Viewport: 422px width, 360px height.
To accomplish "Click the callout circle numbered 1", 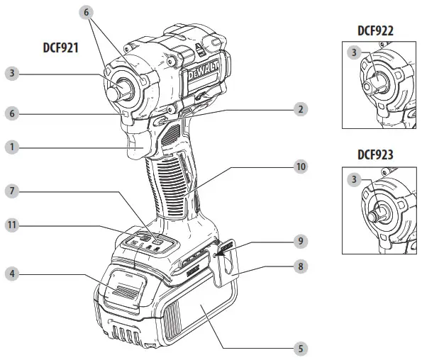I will [x=11, y=147].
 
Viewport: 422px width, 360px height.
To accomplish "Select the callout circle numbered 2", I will [x=301, y=109].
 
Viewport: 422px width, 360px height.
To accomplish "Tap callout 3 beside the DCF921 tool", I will [x=11, y=72].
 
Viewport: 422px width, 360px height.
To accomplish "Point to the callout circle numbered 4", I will [x=11, y=273].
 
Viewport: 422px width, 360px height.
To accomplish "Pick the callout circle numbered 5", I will [x=301, y=349].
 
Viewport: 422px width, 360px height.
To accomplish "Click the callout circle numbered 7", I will [x=11, y=191].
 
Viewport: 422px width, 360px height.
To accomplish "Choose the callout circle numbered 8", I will [x=301, y=267].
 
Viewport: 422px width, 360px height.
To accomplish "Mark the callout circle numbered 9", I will [x=301, y=241].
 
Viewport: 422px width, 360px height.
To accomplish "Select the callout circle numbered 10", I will [x=301, y=167].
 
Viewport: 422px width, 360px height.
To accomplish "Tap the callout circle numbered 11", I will [x=11, y=225].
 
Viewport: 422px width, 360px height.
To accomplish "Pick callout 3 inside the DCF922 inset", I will [x=353, y=52].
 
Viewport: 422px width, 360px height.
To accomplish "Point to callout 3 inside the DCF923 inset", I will [x=353, y=180].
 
